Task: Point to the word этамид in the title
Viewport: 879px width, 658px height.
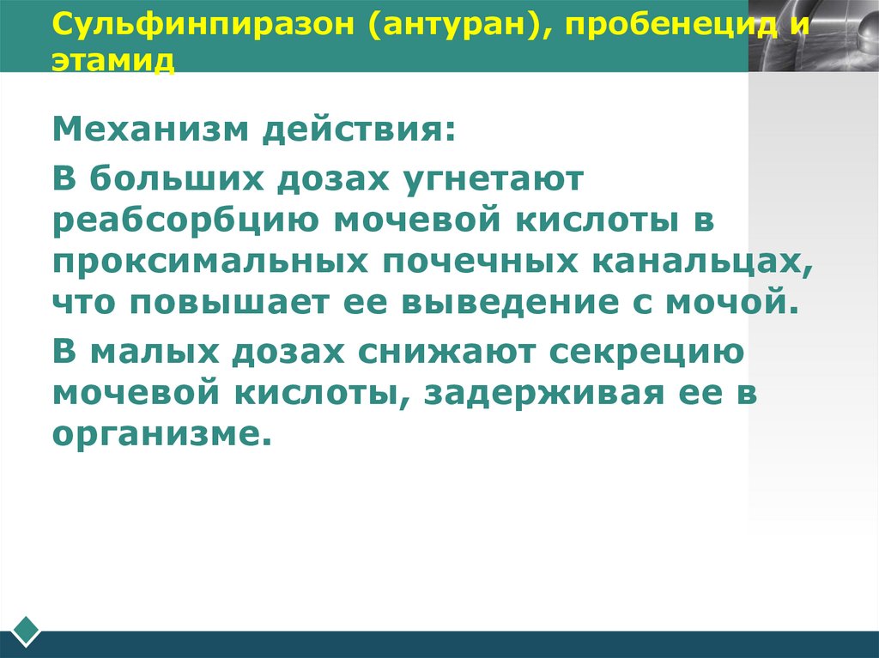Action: (113, 62)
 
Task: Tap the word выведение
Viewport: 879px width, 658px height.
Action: (502, 303)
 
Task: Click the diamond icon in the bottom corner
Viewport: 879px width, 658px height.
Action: (26, 629)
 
